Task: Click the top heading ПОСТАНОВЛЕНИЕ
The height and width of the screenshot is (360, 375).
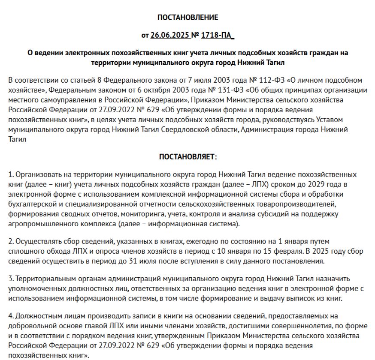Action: click(x=187, y=18)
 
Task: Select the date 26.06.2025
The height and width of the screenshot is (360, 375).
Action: click(x=170, y=35)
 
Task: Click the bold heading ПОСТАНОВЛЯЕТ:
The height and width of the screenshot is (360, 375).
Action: click(x=187, y=157)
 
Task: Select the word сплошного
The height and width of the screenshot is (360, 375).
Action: click(x=24, y=252)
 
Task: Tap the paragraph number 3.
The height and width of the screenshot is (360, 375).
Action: click(x=10, y=279)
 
